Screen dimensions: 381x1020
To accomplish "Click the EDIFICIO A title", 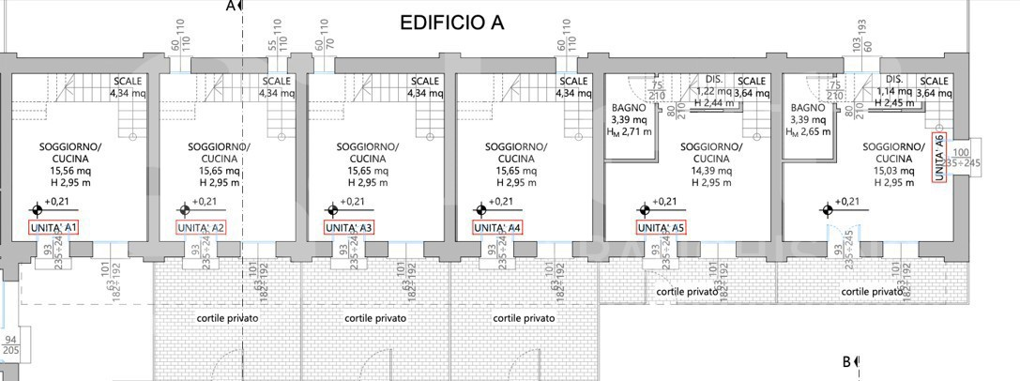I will [452, 23].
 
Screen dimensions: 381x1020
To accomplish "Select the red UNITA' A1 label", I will [54, 227].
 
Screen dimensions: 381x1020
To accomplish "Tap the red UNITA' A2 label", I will [201, 227].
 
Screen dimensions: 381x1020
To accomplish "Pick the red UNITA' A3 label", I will [349, 227].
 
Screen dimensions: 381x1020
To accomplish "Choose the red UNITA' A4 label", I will [497, 227].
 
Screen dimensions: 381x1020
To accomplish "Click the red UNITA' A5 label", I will [662, 227].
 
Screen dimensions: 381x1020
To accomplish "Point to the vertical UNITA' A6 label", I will [939, 158].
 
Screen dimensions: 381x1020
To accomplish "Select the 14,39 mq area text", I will [710, 171].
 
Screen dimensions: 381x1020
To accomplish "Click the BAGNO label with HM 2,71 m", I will [628, 108].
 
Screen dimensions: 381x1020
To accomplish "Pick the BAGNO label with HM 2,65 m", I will [806, 108].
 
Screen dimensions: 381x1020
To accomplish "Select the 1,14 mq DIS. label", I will [894, 86].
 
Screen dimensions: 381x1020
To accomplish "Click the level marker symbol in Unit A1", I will [37, 208].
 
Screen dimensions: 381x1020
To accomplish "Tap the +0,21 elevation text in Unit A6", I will [846, 202].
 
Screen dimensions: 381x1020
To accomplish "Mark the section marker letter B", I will [845, 361].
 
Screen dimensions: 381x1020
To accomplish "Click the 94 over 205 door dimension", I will [11, 344].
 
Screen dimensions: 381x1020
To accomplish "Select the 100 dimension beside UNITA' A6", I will [961, 152].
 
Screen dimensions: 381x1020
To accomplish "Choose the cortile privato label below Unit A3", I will [375, 318].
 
